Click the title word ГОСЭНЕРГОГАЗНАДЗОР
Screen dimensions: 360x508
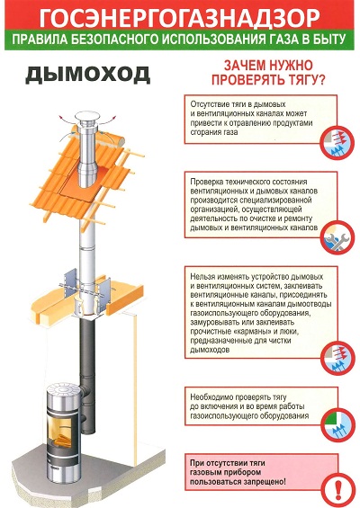pos(180,18)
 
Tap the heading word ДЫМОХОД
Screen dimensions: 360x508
pos(88,76)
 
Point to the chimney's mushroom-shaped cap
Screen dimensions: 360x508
pos(87,116)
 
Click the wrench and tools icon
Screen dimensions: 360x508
pos(337,238)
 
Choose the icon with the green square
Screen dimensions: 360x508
pos(337,423)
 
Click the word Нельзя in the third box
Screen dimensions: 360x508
pos(201,277)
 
